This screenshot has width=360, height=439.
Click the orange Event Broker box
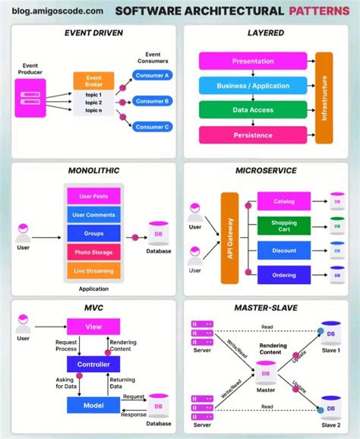point(93,81)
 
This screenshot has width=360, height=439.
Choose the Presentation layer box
point(253,61)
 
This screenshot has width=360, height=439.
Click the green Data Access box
point(253,110)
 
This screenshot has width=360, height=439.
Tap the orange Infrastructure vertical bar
point(324,97)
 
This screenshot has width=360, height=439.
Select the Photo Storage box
point(93,252)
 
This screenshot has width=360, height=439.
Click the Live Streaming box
point(93,271)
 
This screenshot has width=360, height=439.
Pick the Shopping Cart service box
point(283,226)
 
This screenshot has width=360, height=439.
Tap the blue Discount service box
point(283,250)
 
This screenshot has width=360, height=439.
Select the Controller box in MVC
point(93,365)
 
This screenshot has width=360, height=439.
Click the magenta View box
point(93,327)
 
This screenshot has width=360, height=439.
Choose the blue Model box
point(93,406)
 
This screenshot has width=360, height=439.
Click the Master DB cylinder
point(266,373)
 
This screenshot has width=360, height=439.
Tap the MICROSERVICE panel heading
point(266,172)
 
